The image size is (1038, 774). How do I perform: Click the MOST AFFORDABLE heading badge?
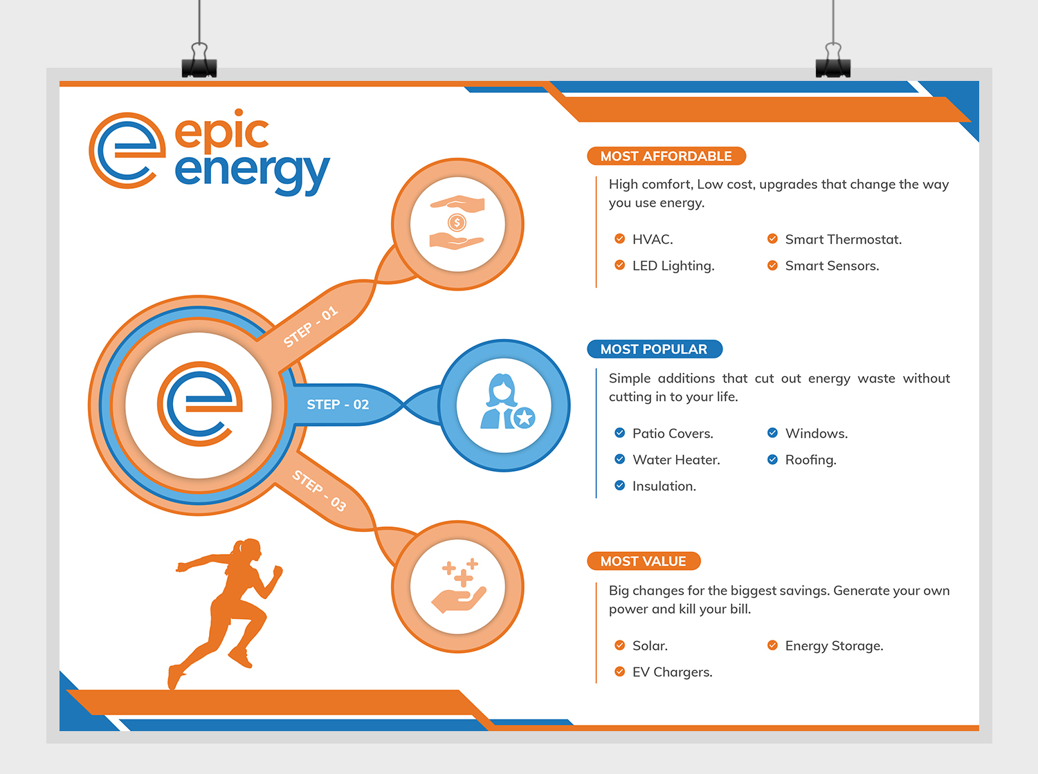pyautogui.click(x=666, y=156)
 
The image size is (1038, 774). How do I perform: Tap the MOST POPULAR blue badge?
pyautogui.click(x=655, y=349)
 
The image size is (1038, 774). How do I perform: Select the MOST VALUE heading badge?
pyautogui.click(x=644, y=561)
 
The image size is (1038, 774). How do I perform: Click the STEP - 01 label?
pyautogui.click(x=310, y=326)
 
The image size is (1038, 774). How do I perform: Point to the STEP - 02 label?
pyautogui.click(x=338, y=405)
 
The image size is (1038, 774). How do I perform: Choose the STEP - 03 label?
pyautogui.click(x=319, y=490)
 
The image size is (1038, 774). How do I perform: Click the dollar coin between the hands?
pyautogui.click(x=457, y=222)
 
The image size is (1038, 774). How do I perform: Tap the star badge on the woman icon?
pyautogui.click(x=524, y=418)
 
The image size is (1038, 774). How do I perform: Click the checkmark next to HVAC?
pyautogui.click(x=619, y=239)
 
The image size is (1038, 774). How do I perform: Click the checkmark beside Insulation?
pyautogui.click(x=619, y=486)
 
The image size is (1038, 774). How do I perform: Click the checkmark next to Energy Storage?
pyautogui.click(x=772, y=645)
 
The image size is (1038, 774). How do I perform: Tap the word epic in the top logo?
pyautogui.click(x=222, y=131)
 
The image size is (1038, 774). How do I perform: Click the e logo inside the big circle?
pyautogui.click(x=199, y=404)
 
